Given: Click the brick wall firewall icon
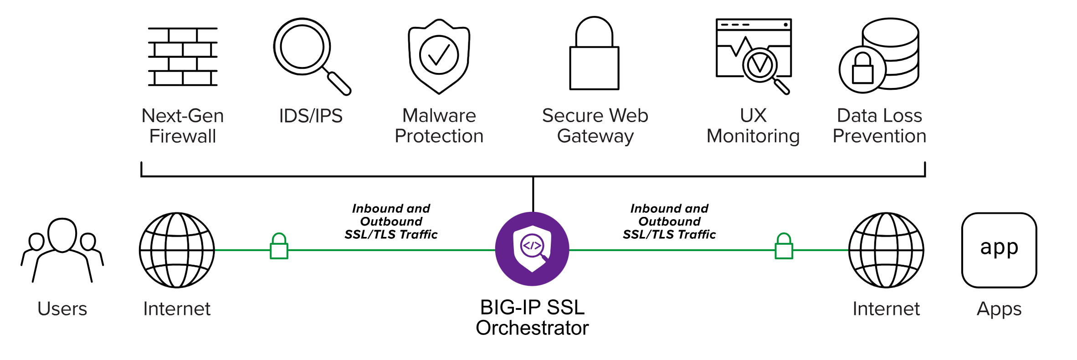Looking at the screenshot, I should click(x=183, y=57).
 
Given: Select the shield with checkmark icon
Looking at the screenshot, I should click(x=439, y=56).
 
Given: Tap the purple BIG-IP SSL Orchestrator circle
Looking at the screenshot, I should click(x=532, y=249).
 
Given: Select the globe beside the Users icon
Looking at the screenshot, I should click(x=177, y=250).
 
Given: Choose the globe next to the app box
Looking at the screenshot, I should click(x=886, y=250).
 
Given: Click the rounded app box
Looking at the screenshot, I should click(x=999, y=250).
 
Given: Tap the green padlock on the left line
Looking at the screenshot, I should click(x=279, y=247).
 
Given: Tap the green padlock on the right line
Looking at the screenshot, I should click(x=784, y=247).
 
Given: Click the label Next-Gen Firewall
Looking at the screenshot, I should click(x=183, y=126).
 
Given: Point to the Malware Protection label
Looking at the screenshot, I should click(x=439, y=126).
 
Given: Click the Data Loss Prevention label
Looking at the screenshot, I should click(x=879, y=126).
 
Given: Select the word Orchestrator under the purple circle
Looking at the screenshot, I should click(x=532, y=328).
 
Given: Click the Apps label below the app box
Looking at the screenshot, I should click(x=999, y=309).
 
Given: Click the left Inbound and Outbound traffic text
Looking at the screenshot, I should click(x=391, y=221).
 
